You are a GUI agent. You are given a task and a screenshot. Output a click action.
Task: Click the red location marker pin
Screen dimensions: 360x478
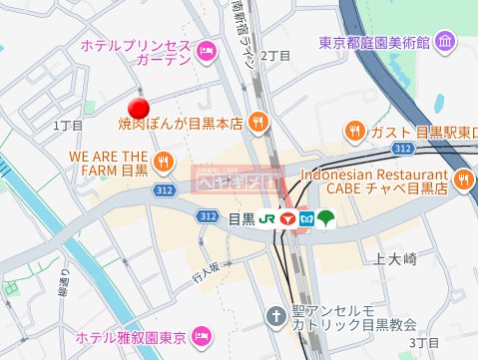tap(140, 108)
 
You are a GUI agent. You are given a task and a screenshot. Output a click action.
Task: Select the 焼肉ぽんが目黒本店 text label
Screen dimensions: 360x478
tap(181, 124)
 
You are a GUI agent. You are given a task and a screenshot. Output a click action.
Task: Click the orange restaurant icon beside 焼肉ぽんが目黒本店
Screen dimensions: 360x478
tap(258, 123)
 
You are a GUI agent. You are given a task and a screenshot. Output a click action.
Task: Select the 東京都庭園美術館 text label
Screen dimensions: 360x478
tap(374, 43)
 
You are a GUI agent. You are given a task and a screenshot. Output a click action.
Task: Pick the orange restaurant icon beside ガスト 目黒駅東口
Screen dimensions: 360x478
tap(354, 131)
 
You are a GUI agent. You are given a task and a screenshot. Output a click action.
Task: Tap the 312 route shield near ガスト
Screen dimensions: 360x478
tap(402, 149)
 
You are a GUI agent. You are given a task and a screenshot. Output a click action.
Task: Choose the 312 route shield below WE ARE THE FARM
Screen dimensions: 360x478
tap(180, 215)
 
